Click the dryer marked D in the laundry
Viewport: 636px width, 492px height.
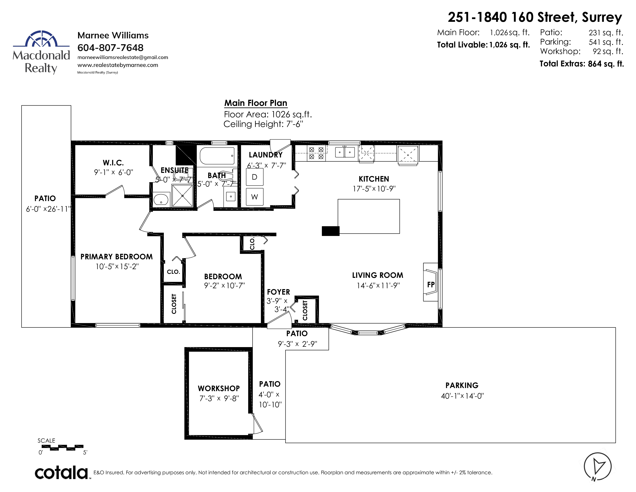[255, 177]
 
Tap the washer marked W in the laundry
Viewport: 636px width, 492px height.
[255, 197]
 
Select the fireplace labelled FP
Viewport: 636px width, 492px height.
[430, 282]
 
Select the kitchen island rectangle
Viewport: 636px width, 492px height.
[369, 216]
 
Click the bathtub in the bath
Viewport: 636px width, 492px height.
[217, 156]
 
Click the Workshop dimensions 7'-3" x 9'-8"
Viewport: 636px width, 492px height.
[219, 398]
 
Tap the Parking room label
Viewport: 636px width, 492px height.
[462, 385]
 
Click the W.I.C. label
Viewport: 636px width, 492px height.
[113, 163]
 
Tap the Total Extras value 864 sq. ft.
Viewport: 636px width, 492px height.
[606, 64]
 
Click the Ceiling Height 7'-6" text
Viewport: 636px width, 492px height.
[263, 124]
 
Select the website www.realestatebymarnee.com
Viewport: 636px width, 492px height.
[118, 65]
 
